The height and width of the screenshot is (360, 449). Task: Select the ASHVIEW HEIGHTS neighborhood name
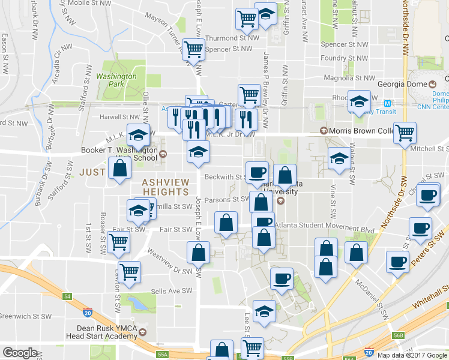click(166, 186)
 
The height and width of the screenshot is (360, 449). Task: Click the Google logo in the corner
click(20, 352)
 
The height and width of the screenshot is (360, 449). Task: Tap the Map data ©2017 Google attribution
click(412, 355)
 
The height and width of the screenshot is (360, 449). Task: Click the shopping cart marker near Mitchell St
click(405, 133)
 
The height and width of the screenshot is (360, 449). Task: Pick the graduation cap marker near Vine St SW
click(339, 159)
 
